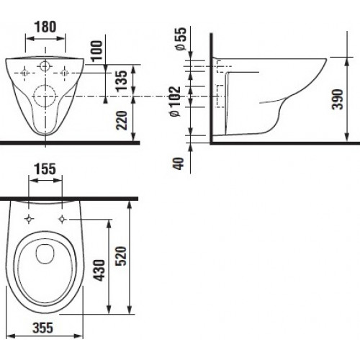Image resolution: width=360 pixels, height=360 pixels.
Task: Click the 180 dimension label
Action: pos(45,27)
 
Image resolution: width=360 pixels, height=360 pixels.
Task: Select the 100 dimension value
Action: pos(96,51)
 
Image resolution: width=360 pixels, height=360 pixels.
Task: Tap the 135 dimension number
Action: pos(121,81)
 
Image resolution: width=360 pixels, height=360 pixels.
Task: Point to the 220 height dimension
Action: pos(121,120)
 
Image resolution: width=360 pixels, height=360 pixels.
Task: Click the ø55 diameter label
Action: pos(181,38)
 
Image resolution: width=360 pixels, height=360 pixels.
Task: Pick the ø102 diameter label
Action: pos(175,102)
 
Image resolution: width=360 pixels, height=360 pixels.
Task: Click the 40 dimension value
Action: pos(178,163)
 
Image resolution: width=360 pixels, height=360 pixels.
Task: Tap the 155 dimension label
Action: pos(45,169)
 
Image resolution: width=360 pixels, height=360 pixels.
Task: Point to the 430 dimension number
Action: pos(99,270)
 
